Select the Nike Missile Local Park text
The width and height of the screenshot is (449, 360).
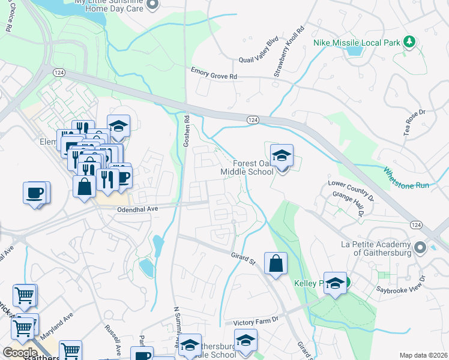[356, 43]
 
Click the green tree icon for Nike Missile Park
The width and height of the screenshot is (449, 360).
[409, 41]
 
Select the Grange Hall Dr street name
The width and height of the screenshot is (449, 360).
[352, 203]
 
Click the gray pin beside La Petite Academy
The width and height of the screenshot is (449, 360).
[420, 247]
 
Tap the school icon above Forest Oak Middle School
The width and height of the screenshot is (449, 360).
[281, 156]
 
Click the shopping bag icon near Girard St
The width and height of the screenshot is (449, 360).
[275, 263]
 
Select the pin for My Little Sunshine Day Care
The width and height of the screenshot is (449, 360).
[152, 5]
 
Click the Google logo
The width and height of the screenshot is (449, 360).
[20, 353]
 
